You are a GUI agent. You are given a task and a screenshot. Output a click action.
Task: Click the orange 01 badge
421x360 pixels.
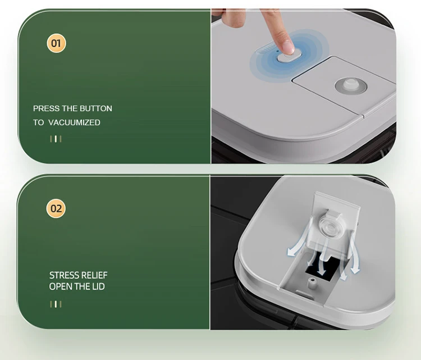pyautogui.click(x=56, y=43)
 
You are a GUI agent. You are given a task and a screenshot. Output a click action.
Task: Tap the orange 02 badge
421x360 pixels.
pyautogui.click(x=56, y=209)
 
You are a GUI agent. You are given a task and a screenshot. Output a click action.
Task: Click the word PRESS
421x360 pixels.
pyautogui.click(x=45, y=108)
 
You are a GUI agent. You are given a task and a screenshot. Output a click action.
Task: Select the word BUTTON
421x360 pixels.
pyautogui.click(x=96, y=108)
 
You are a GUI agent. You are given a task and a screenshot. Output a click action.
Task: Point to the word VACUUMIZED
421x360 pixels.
pyautogui.click(x=75, y=122)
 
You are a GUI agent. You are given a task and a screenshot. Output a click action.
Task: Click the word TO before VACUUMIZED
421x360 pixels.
pyautogui.click(x=38, y=122)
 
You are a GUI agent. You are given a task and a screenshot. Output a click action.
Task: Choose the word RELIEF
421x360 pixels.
pyautogui.click(x=94, y=275)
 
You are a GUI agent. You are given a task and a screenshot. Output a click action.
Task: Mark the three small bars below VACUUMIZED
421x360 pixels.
pyautogui.click(x=56, y=139)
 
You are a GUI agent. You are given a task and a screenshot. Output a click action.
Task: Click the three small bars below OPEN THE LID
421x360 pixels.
pyautogui.click(x=56, y=304)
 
